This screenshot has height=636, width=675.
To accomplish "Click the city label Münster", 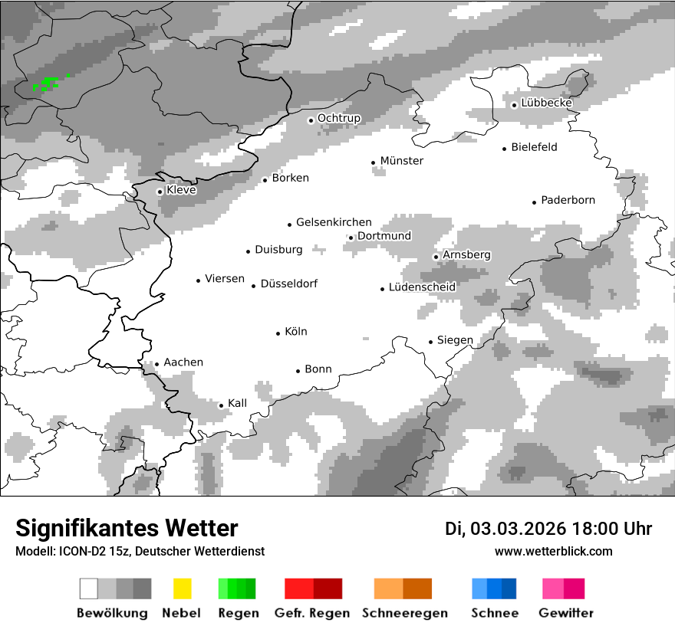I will point(401,161).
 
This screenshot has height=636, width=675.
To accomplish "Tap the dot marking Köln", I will point(278,333).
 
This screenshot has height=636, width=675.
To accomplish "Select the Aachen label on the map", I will point(183,362).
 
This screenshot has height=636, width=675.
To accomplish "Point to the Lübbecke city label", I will point(546,103).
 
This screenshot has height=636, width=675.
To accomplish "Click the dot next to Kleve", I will point(160,192).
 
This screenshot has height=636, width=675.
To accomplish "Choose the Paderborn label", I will point(568,201).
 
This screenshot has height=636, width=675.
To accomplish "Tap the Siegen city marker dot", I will point(431,342).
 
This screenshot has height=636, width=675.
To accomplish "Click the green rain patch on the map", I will point(48,84).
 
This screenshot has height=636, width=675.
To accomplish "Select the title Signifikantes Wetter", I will point(127,528).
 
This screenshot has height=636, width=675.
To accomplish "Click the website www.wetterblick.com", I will point(554,551).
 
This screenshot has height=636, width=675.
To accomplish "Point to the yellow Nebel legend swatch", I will point(182,588).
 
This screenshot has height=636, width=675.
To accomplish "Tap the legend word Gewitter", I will point(566,613).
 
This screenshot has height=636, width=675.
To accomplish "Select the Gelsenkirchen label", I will point(334,222).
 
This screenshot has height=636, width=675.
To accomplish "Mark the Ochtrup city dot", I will point(311,120).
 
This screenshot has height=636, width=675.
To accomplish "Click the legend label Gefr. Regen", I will point(312,613).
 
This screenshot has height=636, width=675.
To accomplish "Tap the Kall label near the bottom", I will point(237,403).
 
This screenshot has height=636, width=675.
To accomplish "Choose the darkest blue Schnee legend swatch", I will point(509,588).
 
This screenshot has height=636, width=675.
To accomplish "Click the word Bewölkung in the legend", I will point(112,613).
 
